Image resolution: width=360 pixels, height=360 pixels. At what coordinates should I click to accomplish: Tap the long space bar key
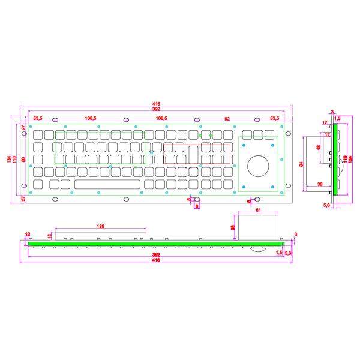pos(107,184)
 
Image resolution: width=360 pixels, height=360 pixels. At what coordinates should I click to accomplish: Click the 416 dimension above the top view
pos(155,104)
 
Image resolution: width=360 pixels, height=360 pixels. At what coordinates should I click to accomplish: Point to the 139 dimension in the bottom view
pos(100,226)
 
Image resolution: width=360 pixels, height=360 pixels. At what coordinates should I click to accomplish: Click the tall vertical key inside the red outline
pos(194,154)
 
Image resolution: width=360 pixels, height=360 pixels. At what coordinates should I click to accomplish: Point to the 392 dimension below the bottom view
pos(155,254)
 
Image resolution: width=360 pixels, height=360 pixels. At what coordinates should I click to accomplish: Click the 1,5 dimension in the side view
pos(337,120)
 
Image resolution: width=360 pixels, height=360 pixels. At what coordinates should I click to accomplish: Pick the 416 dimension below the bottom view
pos(155,261)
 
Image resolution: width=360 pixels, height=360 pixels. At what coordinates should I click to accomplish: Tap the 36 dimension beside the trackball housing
pos(233,227)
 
